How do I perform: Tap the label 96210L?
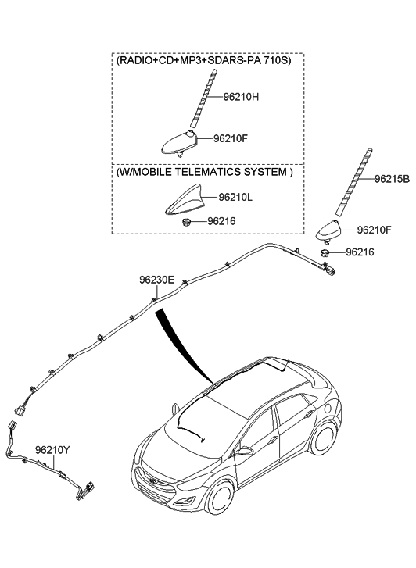[235, 197]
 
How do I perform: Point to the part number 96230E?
[156, 280]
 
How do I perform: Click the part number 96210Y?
[52, 450]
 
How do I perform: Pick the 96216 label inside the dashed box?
[221, 221]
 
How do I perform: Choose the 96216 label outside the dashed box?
[360, 252]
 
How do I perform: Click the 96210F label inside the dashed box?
[231, 138]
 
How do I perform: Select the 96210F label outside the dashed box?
[374, 230]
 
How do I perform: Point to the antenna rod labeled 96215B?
[353, 180]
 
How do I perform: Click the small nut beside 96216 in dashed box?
[186, 222]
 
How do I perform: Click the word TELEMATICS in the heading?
[207, 172]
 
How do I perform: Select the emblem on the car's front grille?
[153, 481]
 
